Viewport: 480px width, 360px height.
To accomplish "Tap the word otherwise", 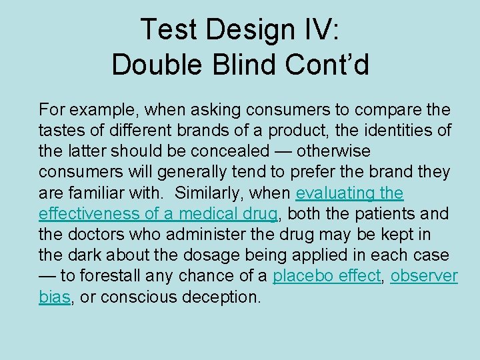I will point(337,151).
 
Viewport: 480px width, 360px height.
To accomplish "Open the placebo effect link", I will point(326,276).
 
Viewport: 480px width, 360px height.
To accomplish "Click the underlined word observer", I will point(424,276).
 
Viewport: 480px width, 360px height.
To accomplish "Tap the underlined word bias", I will point(55,297).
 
